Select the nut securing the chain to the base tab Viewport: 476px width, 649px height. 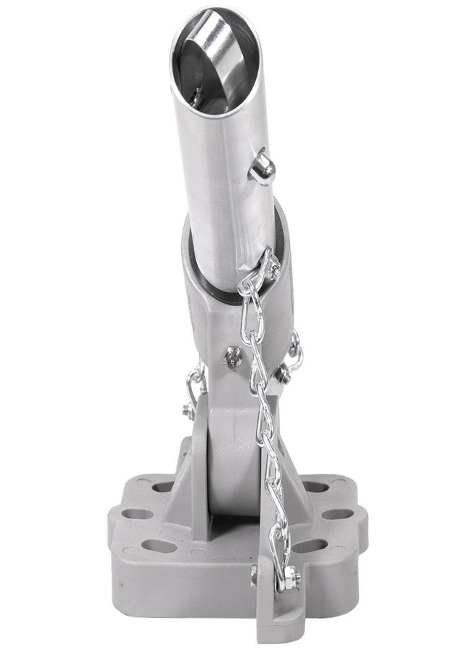pos(291,575)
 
